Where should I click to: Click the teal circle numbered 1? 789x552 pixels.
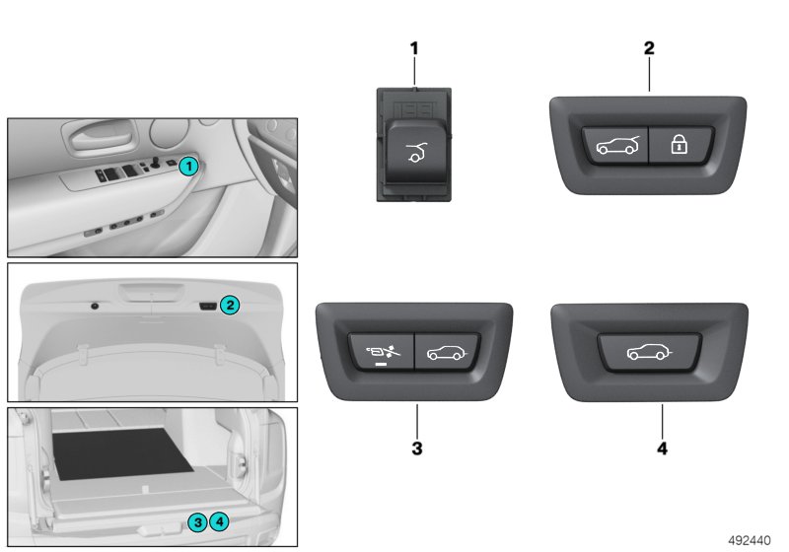[188, 166]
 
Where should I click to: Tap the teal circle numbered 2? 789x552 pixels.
[230, 305]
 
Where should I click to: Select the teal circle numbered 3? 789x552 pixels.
[198, 522]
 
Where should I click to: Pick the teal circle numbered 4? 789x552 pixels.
[219, 521]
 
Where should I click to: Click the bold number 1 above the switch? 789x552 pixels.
[414, 48]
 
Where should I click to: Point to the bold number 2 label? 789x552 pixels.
[649, 48]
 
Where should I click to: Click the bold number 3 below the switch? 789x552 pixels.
[417, 448]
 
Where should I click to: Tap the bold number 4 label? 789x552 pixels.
[662, 448]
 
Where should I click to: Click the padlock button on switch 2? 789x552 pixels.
[681, 145]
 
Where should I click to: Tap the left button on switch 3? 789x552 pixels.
[382, 351]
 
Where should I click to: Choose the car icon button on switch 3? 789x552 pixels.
[447, 352]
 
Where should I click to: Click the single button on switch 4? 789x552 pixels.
[649, 352]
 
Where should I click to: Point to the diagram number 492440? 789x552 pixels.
[750, 540]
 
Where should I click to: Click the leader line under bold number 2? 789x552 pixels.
[649, 74]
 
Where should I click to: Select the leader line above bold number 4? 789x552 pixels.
[662, 421]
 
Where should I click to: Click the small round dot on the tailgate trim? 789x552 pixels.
[94, 307]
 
